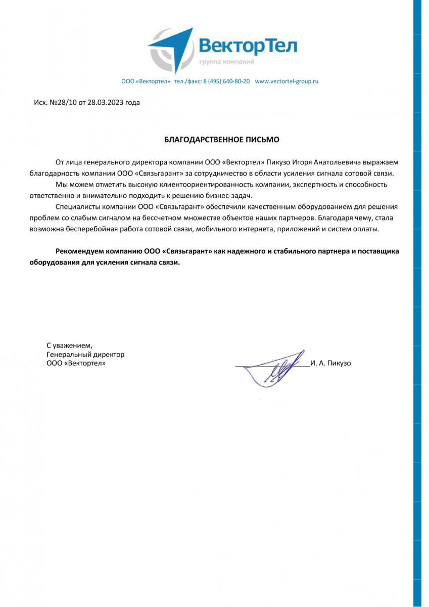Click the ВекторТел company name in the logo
[248, 46]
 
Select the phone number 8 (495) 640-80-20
[226, 81]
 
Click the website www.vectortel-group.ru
[287, 81]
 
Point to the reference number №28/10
[61, 102]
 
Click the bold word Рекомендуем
[81, 251]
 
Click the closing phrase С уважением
[69, 345]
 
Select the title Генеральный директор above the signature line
[85, 355]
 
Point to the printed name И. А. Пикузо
[331, 363]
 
